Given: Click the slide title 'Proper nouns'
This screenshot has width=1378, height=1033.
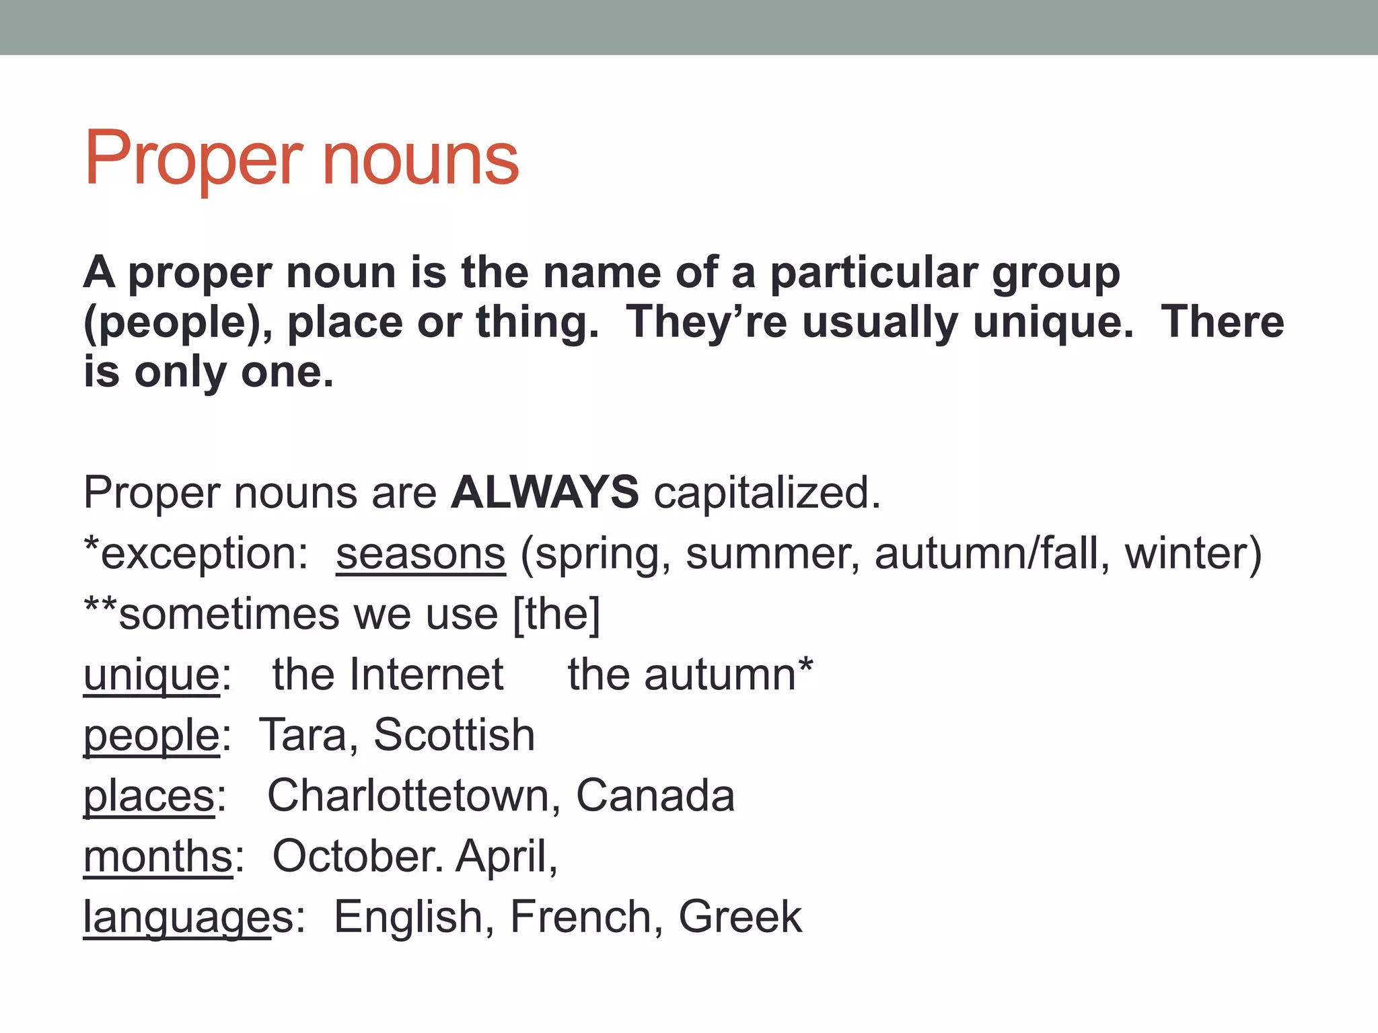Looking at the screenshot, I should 301,159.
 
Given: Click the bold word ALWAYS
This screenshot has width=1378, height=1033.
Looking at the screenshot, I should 544,492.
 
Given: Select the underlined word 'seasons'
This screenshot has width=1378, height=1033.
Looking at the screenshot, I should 421,554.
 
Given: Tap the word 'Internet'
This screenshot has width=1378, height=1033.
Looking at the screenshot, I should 426,675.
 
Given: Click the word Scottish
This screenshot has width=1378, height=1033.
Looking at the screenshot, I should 454,734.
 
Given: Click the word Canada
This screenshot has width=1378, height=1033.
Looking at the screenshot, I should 655,796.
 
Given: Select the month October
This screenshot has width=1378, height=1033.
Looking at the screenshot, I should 357,856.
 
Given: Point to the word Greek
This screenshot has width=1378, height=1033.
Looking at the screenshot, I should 740,917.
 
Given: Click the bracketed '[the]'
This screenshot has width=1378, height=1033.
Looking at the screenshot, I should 556,614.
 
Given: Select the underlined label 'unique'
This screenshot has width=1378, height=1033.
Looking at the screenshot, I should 151,676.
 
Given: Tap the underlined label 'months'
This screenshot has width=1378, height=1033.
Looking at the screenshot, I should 157,857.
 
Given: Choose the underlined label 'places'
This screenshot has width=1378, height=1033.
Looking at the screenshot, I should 149,796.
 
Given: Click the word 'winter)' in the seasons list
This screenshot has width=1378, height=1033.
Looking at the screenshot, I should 1193,554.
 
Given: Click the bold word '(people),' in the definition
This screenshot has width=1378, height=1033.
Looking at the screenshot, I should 178,323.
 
